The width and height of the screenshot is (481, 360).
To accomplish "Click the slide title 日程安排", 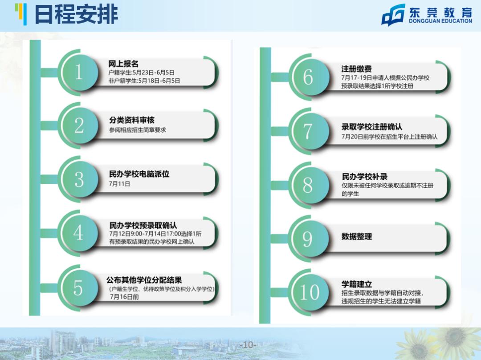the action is point(77,14).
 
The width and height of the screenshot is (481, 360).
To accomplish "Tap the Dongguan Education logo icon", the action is point(393,15).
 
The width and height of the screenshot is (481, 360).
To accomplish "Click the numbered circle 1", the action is point(79,72).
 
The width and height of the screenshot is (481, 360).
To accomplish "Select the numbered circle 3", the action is point(79,179).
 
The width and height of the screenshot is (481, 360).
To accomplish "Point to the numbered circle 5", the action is point(78,288).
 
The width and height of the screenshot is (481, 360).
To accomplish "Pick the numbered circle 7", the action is point(308,131).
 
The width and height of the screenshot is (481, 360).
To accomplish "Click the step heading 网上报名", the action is point(123,64).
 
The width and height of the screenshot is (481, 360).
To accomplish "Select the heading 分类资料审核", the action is point(132,120).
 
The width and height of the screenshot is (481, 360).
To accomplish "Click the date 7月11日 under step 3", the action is point(119,184).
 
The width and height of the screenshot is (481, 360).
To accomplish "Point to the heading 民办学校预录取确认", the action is point(143,226).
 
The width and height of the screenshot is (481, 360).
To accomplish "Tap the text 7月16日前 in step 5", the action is point(125,297).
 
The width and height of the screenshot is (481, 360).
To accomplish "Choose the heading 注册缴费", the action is point(356,69).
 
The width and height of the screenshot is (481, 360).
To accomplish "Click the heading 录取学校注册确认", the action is point(372,126).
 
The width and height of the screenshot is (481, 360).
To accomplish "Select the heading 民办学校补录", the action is point(365,177).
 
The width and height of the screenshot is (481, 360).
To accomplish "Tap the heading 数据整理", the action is point(357,236).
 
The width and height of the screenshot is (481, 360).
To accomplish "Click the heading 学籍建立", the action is point(357,284).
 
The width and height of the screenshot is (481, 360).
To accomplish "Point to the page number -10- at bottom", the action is point(248,345).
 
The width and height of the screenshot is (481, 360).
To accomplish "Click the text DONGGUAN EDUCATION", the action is point(440,21).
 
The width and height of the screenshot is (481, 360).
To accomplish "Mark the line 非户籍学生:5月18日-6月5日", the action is point(144,81).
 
